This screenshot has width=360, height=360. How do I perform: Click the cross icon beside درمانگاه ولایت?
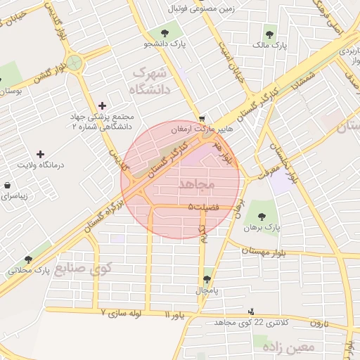pyautogui.click(x=39, y=154)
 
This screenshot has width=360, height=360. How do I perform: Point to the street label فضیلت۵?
pyautogui.click(x=204, y=206)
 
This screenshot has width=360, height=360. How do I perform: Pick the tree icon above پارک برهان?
pyautogui.click(x=262, y=217)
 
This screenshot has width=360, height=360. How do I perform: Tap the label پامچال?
pyautogui.click(x=207, y=290)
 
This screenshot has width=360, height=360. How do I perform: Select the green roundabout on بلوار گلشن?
pyautogui.click(x=76, y=63)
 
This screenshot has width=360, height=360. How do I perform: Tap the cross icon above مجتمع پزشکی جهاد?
pyautogui.click(x=103, y=105)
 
